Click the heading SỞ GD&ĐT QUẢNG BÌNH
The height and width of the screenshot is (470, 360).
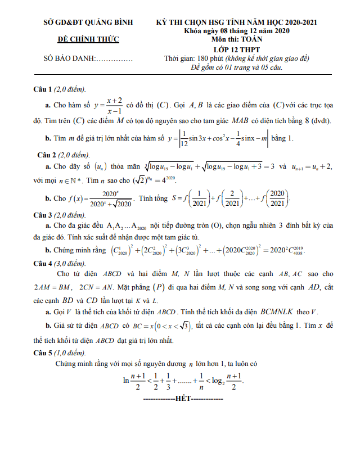(88, 22)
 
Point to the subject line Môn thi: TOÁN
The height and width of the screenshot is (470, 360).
(237, 40)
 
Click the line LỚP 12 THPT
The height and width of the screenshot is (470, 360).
(237, 49)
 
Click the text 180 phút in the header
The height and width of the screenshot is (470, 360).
(210, 58)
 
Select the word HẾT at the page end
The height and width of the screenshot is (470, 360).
(183, 398)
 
